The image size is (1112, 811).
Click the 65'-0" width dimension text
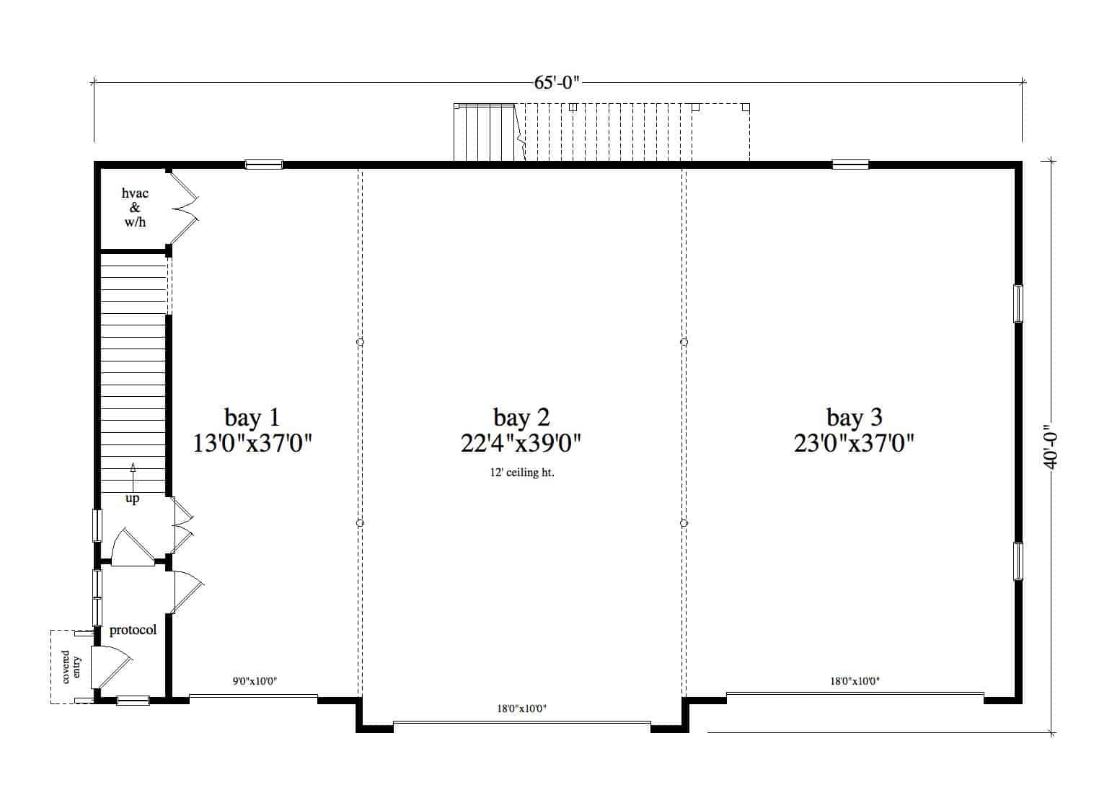pyautogui.click(x=557, y=82)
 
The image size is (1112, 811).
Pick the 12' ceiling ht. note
pyautogui.click(x=522, y=473)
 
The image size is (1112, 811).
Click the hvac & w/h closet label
pyautogui.click(x=135, y=207)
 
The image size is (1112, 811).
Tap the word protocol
pyautogui.click(x=133, y=630)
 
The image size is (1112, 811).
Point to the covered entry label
pyautogui.click(x=71, y=667)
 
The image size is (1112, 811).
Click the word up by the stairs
pyautogui.click(x=132, y=498)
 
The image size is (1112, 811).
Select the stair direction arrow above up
pyautogui.click(x=133, y=477)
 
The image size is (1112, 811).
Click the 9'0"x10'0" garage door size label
pyautogui.click(x=255, y=681)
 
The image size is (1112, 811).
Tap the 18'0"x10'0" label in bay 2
pyautogui.click(x=522, y=709)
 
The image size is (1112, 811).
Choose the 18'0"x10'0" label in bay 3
pyautogui.click(x=855, y=681)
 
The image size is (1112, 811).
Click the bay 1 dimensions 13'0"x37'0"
pyautogui.click(x=252, y=444)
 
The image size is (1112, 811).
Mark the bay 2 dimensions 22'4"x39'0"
pyautogui.click(x=521, y=444)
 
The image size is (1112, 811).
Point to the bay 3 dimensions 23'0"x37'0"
pyautogui.click(x=854, y=444)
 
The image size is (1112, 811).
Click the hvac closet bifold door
pyautogui.click(x=185, y=208)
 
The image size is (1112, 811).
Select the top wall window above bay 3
pyautogui.click(x=850, y=165)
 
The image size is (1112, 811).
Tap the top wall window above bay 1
pyautogui.click(x=264, y=165)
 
